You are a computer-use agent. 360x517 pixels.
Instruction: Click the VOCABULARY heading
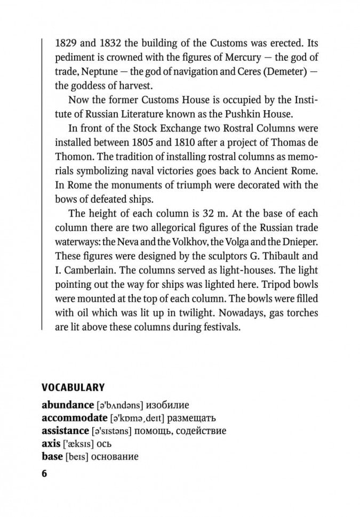73,387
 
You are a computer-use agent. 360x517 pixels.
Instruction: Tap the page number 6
45,473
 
